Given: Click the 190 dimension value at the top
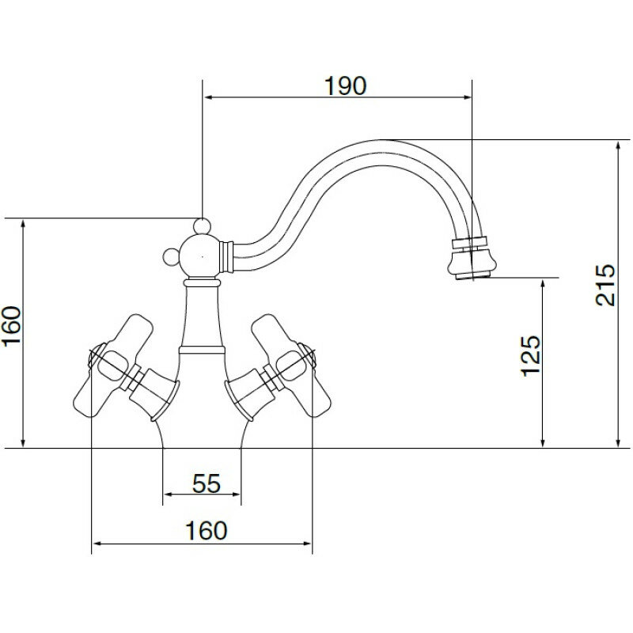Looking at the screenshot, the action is tap(346, 85).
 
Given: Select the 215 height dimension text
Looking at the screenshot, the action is tap(606, 286).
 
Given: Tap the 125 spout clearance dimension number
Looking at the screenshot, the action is tap(531, 356).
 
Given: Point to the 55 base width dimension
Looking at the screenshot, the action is tap(206, 483).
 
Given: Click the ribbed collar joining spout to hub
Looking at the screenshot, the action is tap(228, 254).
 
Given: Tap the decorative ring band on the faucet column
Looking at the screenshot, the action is tap(202, 348).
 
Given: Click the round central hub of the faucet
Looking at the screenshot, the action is tap(202, 256).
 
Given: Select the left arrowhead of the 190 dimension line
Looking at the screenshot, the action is tap(210, 98).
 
